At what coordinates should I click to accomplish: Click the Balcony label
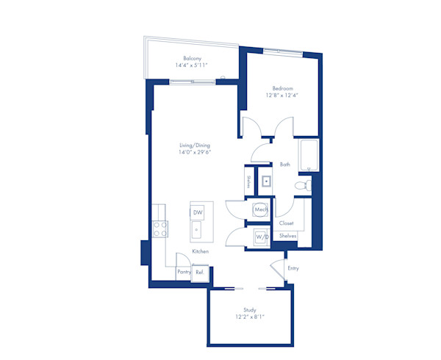[193, 58]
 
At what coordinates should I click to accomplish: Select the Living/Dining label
[195, 145]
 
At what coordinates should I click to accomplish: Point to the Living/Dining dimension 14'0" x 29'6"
[195, 154]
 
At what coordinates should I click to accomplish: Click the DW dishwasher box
[197, 212]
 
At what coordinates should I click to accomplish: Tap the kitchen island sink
[197, 231]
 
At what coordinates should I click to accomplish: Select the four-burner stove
[159, 229]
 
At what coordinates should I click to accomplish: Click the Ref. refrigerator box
[198, 272]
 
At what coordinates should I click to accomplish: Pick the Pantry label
[184, 272]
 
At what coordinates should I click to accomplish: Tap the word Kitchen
[201, 252]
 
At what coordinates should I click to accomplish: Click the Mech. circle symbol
[261, 210]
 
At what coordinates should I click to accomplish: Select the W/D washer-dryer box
[261, 237]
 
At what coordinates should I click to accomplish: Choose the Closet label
[287, 223]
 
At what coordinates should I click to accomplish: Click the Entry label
[293, 268]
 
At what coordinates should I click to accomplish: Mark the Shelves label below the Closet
[287, 236]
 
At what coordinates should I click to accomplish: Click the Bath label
[285, 165]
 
